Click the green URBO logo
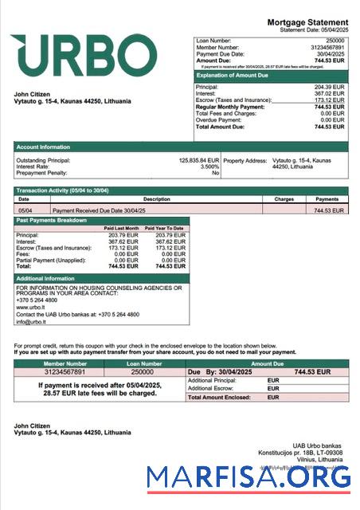coord(84,55)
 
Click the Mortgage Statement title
coord(307,22)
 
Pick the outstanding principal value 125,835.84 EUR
coord(198,160)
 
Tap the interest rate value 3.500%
coord(209,167)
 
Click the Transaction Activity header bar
coord(62,190)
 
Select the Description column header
coord(156,198)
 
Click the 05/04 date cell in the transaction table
coord(25,210)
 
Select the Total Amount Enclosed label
coord(221,396)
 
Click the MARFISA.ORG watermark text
coord(248,478)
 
